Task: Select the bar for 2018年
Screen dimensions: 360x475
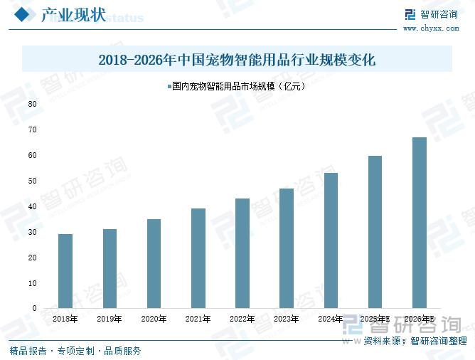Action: pyautogui.click(x=65, y=271)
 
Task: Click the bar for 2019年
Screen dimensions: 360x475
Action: pyautogui.click(x=110, y=268)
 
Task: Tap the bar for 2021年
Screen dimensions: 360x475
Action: pyautogui.click(x=198, y=258)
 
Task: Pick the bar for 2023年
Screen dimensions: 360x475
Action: pyautogui.click(x=287, y=248)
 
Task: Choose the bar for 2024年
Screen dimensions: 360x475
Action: pyautogui.click(x=331, y=240)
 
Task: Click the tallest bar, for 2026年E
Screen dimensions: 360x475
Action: pyautogui.click(x=420, y=223)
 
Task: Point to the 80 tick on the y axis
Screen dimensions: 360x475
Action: pyautogui.click(x=33, y=104)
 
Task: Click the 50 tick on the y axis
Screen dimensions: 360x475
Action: pyautogui.click(x=33, y=181)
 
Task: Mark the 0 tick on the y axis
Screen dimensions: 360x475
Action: pyautogui.click(x=35, y=309)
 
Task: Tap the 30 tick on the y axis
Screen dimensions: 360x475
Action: pyautogui.click(x=33, y=232)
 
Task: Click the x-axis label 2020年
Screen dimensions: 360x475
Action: pyautogui.click(x=154, y=319)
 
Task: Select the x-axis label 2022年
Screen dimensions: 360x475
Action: pyautogui.click(x=242, y=319)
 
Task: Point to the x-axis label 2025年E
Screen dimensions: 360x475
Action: pyautogui.click(x=375, y=319)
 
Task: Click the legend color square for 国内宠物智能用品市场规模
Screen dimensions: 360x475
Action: pyautogui.click(x=169, y=88)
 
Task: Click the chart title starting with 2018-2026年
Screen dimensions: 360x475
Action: pyautogui.click(x=237, y=59)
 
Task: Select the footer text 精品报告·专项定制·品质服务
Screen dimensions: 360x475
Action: pyautogui.click(x=75, y=351)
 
